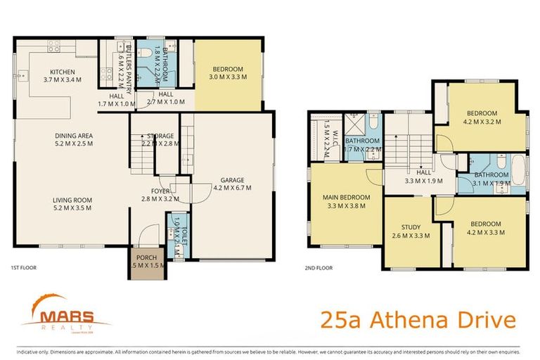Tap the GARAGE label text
point(232,179)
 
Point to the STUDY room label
point(411,227)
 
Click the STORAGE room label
point(160,136)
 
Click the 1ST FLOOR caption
point(23,268)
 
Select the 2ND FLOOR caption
point(319,268)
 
